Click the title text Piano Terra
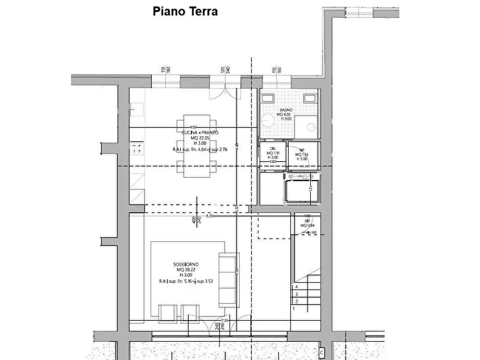pos(185,11)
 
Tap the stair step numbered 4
pos(296,287)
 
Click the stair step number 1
pos(293,309)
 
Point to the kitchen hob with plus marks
pos(137,148)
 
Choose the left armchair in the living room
pos(168,312)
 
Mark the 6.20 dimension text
pos(209,216)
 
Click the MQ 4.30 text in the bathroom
pos(285,114)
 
